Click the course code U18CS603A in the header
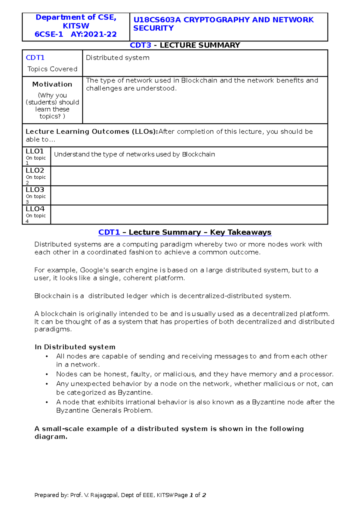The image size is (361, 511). [157, 20]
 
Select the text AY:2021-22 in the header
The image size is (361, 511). [94, 34]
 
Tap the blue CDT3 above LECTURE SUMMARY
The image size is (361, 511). [140, 45]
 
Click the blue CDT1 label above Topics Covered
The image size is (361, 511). [35, 57]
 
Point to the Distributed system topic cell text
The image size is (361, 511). [118, 57]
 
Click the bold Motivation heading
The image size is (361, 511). [52, 84]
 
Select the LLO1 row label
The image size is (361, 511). [35, 151]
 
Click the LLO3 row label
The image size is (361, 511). [35, 190]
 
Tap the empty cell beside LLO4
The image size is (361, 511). [189, 215]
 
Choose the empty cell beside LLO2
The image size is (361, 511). [189, 176]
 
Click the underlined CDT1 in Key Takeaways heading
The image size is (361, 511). [109, 232]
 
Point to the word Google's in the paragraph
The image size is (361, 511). [94, 270]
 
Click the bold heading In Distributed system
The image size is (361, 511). [75, 347]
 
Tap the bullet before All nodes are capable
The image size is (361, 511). [47, 357]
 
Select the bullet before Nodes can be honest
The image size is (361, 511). [47, 375]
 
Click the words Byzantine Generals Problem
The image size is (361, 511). [104, 410]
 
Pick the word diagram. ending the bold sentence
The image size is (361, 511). [51, 437]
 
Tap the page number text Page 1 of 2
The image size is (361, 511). [190, 495]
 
